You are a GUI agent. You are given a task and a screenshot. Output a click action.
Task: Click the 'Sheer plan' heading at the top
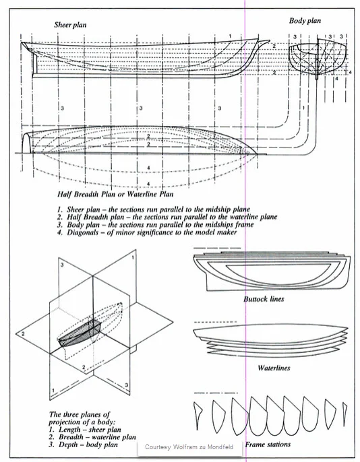tap(71, 25)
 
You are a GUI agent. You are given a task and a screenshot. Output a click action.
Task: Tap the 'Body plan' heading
tap(305, 21)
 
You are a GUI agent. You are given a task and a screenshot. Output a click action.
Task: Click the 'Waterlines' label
tap(274, 369)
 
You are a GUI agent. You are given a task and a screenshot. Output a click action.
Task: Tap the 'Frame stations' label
tap(268, 444)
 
